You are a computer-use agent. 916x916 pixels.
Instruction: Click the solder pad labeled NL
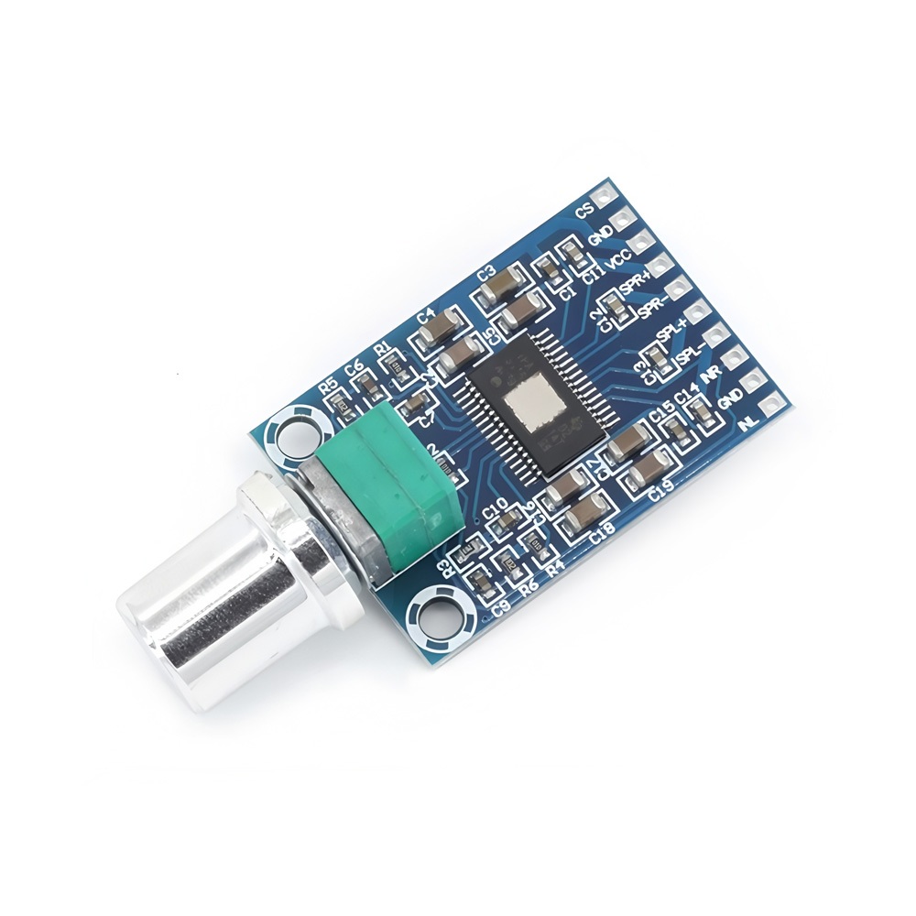pyautogui.click(x=780, y=400)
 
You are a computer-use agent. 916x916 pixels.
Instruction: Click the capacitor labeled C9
pyautogui.click(x=479, y=579)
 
